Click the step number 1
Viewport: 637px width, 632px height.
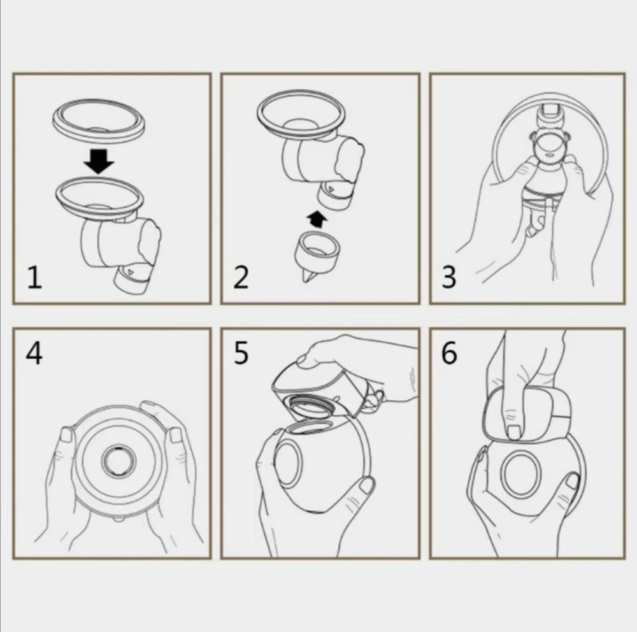click(x=34, y=277)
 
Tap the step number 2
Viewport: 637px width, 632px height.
click(x=241, y=277)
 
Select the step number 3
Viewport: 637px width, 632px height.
click(x=449, y=277)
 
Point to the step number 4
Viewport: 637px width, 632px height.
click(x=34, y=353)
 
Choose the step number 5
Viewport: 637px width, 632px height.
click(x=241, y=353)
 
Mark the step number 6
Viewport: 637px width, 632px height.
click(x=449, y=353)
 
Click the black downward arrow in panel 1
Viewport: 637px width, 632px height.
click(x=99, y=161)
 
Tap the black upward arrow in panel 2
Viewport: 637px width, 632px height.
click(x=317, y=219)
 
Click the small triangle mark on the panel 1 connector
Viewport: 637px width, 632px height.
click(x=130, y=271)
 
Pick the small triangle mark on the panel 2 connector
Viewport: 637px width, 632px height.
click(x=331, y=189)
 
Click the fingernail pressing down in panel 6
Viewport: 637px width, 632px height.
click(x=514, y=431)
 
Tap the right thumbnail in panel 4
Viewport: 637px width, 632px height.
click(x=176, y=435)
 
